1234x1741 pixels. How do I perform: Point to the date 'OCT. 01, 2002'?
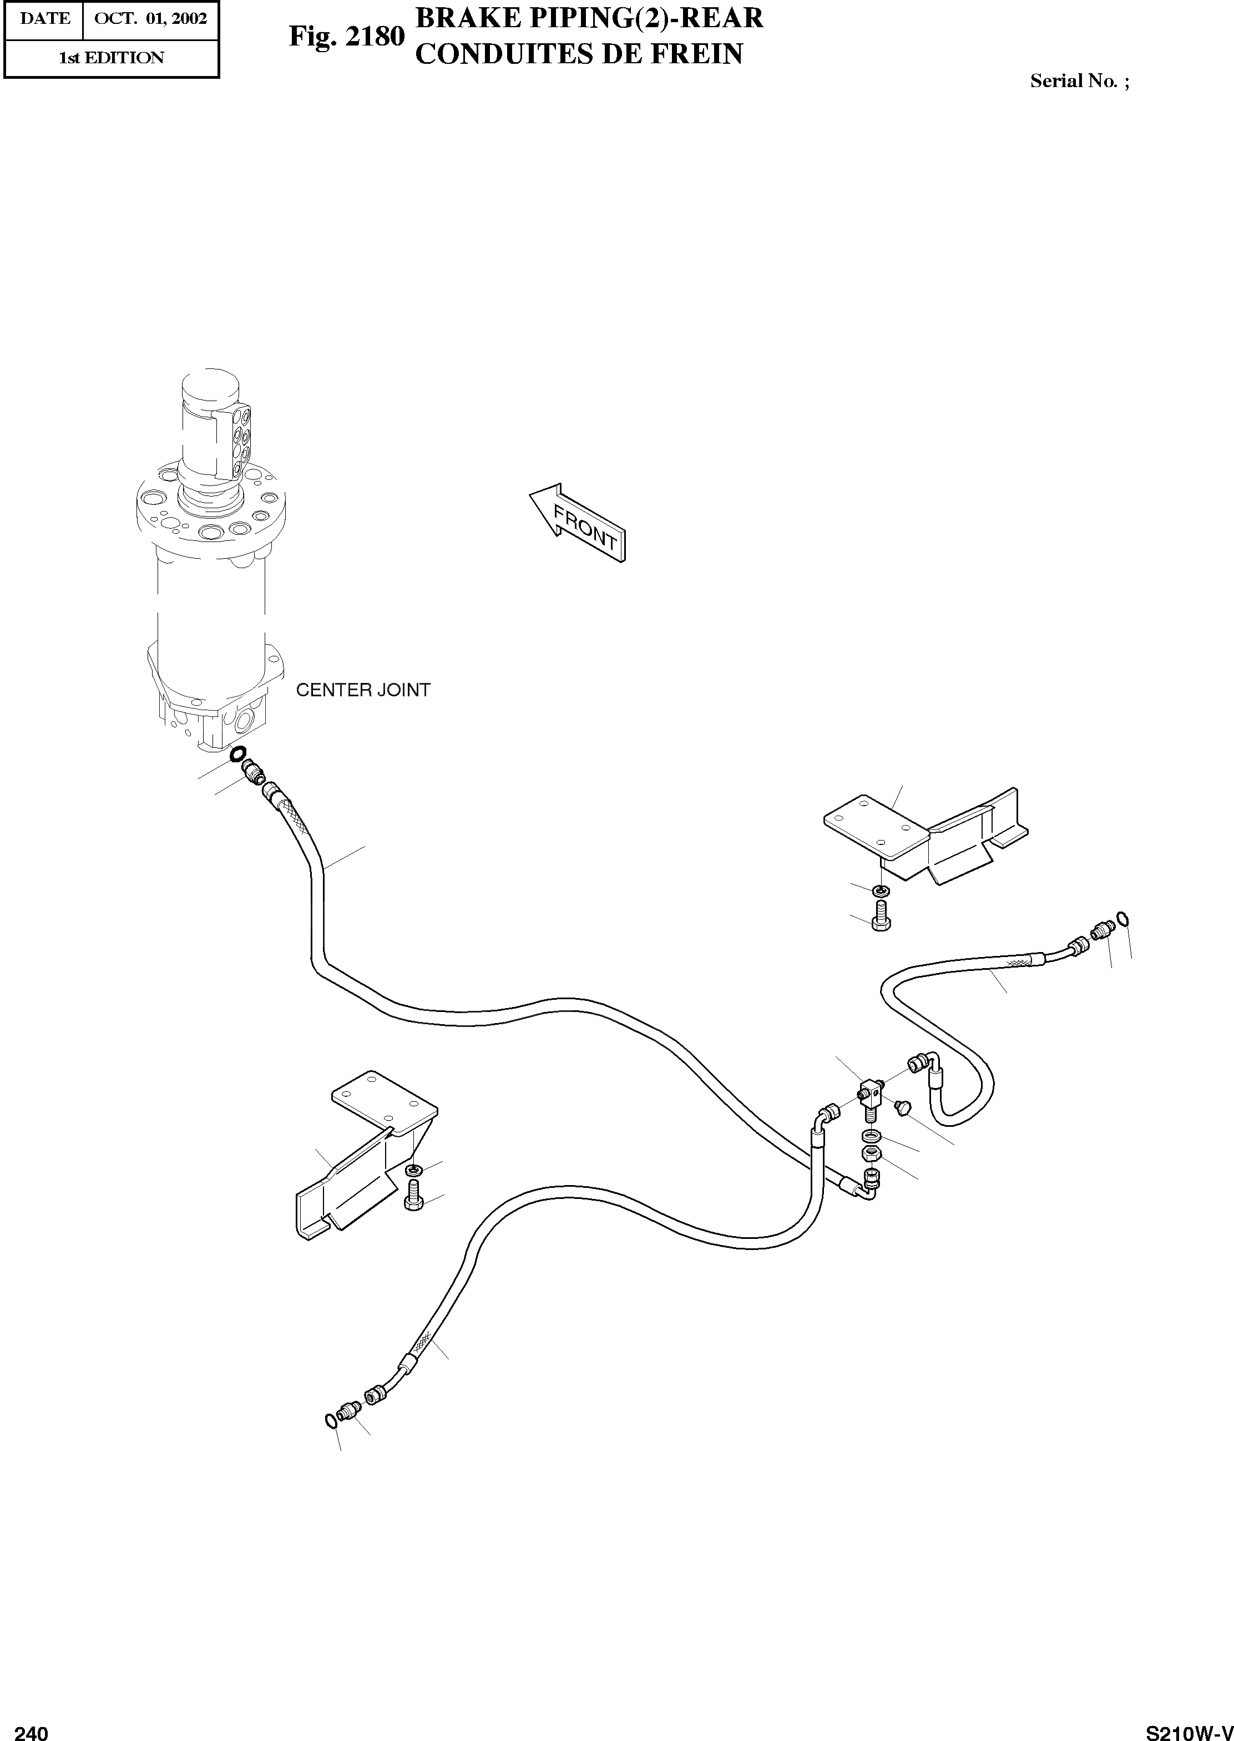point(150,18)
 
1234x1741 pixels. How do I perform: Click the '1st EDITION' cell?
point(111,58)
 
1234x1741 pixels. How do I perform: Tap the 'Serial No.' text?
point(1074,81)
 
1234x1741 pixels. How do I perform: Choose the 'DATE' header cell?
point(44,18)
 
